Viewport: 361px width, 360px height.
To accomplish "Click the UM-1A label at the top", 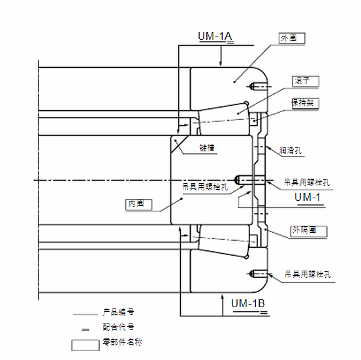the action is coord(215,37).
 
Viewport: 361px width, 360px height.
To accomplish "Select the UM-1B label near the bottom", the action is coord(248,304).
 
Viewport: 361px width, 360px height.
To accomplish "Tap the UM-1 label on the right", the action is coord(307,198).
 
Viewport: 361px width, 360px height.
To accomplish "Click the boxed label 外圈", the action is coord(292,38).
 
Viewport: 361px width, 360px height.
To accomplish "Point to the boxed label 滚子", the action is coord(306,82).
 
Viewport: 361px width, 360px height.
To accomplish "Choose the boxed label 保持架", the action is coord(306,103).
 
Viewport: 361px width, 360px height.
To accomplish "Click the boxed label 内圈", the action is coord(138,205).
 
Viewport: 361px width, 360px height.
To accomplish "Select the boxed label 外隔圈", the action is coord(309,231).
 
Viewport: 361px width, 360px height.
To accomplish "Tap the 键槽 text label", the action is coord(207,148).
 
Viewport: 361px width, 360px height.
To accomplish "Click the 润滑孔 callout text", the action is coord(290,151).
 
